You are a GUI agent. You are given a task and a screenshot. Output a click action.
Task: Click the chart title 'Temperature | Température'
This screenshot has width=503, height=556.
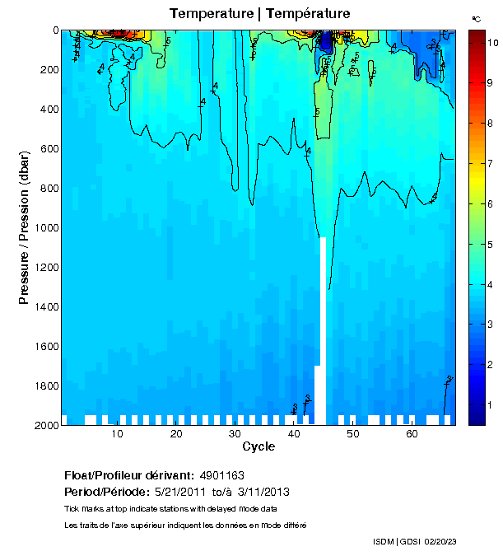point(259,14)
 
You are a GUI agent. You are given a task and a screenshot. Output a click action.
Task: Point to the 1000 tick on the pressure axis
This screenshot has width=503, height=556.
point(44,228)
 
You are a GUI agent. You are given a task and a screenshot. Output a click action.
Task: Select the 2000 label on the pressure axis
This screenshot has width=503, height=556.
point(44,426)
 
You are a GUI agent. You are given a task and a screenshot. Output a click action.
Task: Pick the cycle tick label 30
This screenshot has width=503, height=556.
point(235,434)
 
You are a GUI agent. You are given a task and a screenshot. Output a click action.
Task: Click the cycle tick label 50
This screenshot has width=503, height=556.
point(353,434)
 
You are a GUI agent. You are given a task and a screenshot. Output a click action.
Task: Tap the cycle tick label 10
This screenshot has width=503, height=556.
point(118,434)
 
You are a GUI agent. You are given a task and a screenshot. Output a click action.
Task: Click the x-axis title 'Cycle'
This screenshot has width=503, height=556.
point(258,447)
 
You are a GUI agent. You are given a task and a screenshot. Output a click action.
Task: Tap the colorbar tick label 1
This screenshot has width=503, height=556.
point(489,405)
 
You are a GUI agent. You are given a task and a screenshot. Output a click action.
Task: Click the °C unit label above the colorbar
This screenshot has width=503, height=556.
point(476,18)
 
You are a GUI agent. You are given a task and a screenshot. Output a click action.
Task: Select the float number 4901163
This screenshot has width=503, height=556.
point(221,476)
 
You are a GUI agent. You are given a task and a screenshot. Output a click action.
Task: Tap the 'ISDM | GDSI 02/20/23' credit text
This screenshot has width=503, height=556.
point(413,542)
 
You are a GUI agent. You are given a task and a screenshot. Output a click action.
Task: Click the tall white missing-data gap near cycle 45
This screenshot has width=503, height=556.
point(323,329)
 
